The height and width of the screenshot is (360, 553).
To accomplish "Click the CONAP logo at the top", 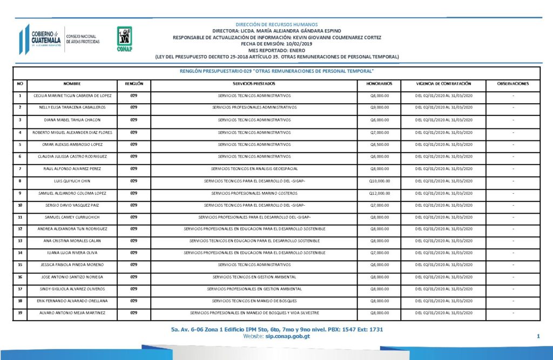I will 125,38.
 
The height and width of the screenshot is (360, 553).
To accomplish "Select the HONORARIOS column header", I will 379,84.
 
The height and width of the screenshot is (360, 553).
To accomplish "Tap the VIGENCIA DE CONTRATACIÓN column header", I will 443,84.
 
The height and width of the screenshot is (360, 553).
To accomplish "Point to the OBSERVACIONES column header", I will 512,84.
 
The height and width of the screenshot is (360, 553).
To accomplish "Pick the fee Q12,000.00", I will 379,193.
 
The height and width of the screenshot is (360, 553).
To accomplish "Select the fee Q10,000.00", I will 379,181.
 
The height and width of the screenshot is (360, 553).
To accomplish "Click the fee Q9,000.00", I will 379,107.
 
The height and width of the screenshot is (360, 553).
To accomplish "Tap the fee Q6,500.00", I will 379,144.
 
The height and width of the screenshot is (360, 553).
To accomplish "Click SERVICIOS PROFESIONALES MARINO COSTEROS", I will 254,193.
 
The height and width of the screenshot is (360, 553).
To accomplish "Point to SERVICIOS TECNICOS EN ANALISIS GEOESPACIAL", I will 254,168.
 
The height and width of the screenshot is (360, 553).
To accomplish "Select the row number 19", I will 20,313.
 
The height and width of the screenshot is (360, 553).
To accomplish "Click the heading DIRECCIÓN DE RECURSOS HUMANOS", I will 276,25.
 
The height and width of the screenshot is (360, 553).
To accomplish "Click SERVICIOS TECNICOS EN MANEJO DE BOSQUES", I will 254,301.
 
